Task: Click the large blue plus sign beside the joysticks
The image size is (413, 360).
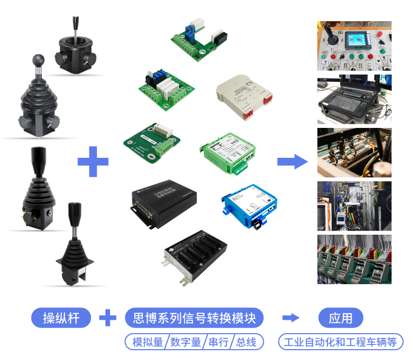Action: coord(93,161)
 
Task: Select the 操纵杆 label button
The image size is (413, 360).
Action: coord(61,318)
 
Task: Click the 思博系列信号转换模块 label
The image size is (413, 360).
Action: coord(194,318)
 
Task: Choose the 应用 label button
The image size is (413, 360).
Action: coord(341,318)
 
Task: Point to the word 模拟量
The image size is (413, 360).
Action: coord(148,342)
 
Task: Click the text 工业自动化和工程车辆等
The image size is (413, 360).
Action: coord(341,342)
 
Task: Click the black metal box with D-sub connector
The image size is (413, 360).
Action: coord(163,200)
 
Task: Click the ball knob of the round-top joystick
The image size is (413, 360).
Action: coord(39,60)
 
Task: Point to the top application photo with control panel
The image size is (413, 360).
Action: coord(354,45)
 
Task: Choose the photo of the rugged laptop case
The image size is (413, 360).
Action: coord(354,99)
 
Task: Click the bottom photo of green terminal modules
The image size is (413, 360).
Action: coord(354,259)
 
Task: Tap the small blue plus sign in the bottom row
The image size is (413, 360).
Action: coord(107,318)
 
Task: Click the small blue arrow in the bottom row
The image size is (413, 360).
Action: coord(291,318)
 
